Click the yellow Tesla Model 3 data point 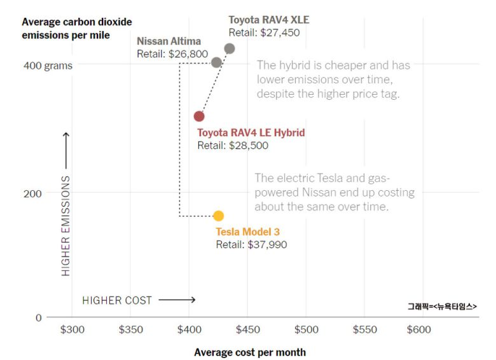(x=218, y=216)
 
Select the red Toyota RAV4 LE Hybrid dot (x=199, y=116)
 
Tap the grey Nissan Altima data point (x=216, y=62)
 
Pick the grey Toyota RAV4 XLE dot (x=230, y=48)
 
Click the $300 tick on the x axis (x=72, y=329)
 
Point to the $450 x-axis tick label (x=247, y=329)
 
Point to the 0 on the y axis (x=38, y=317)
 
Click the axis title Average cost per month (x=250, y=352)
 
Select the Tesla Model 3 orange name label (x=247, y=232)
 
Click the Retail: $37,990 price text (x=251, y=244)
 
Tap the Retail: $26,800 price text (x=172, y=54)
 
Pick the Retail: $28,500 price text (x=233, y=146)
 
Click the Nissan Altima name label (x=169, y=41)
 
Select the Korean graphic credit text (x=442, y=306)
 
